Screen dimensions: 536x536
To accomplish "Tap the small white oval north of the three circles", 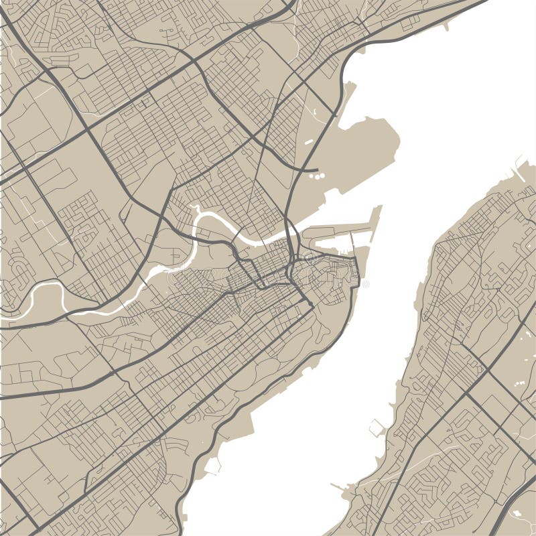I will [x=308, y=142].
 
